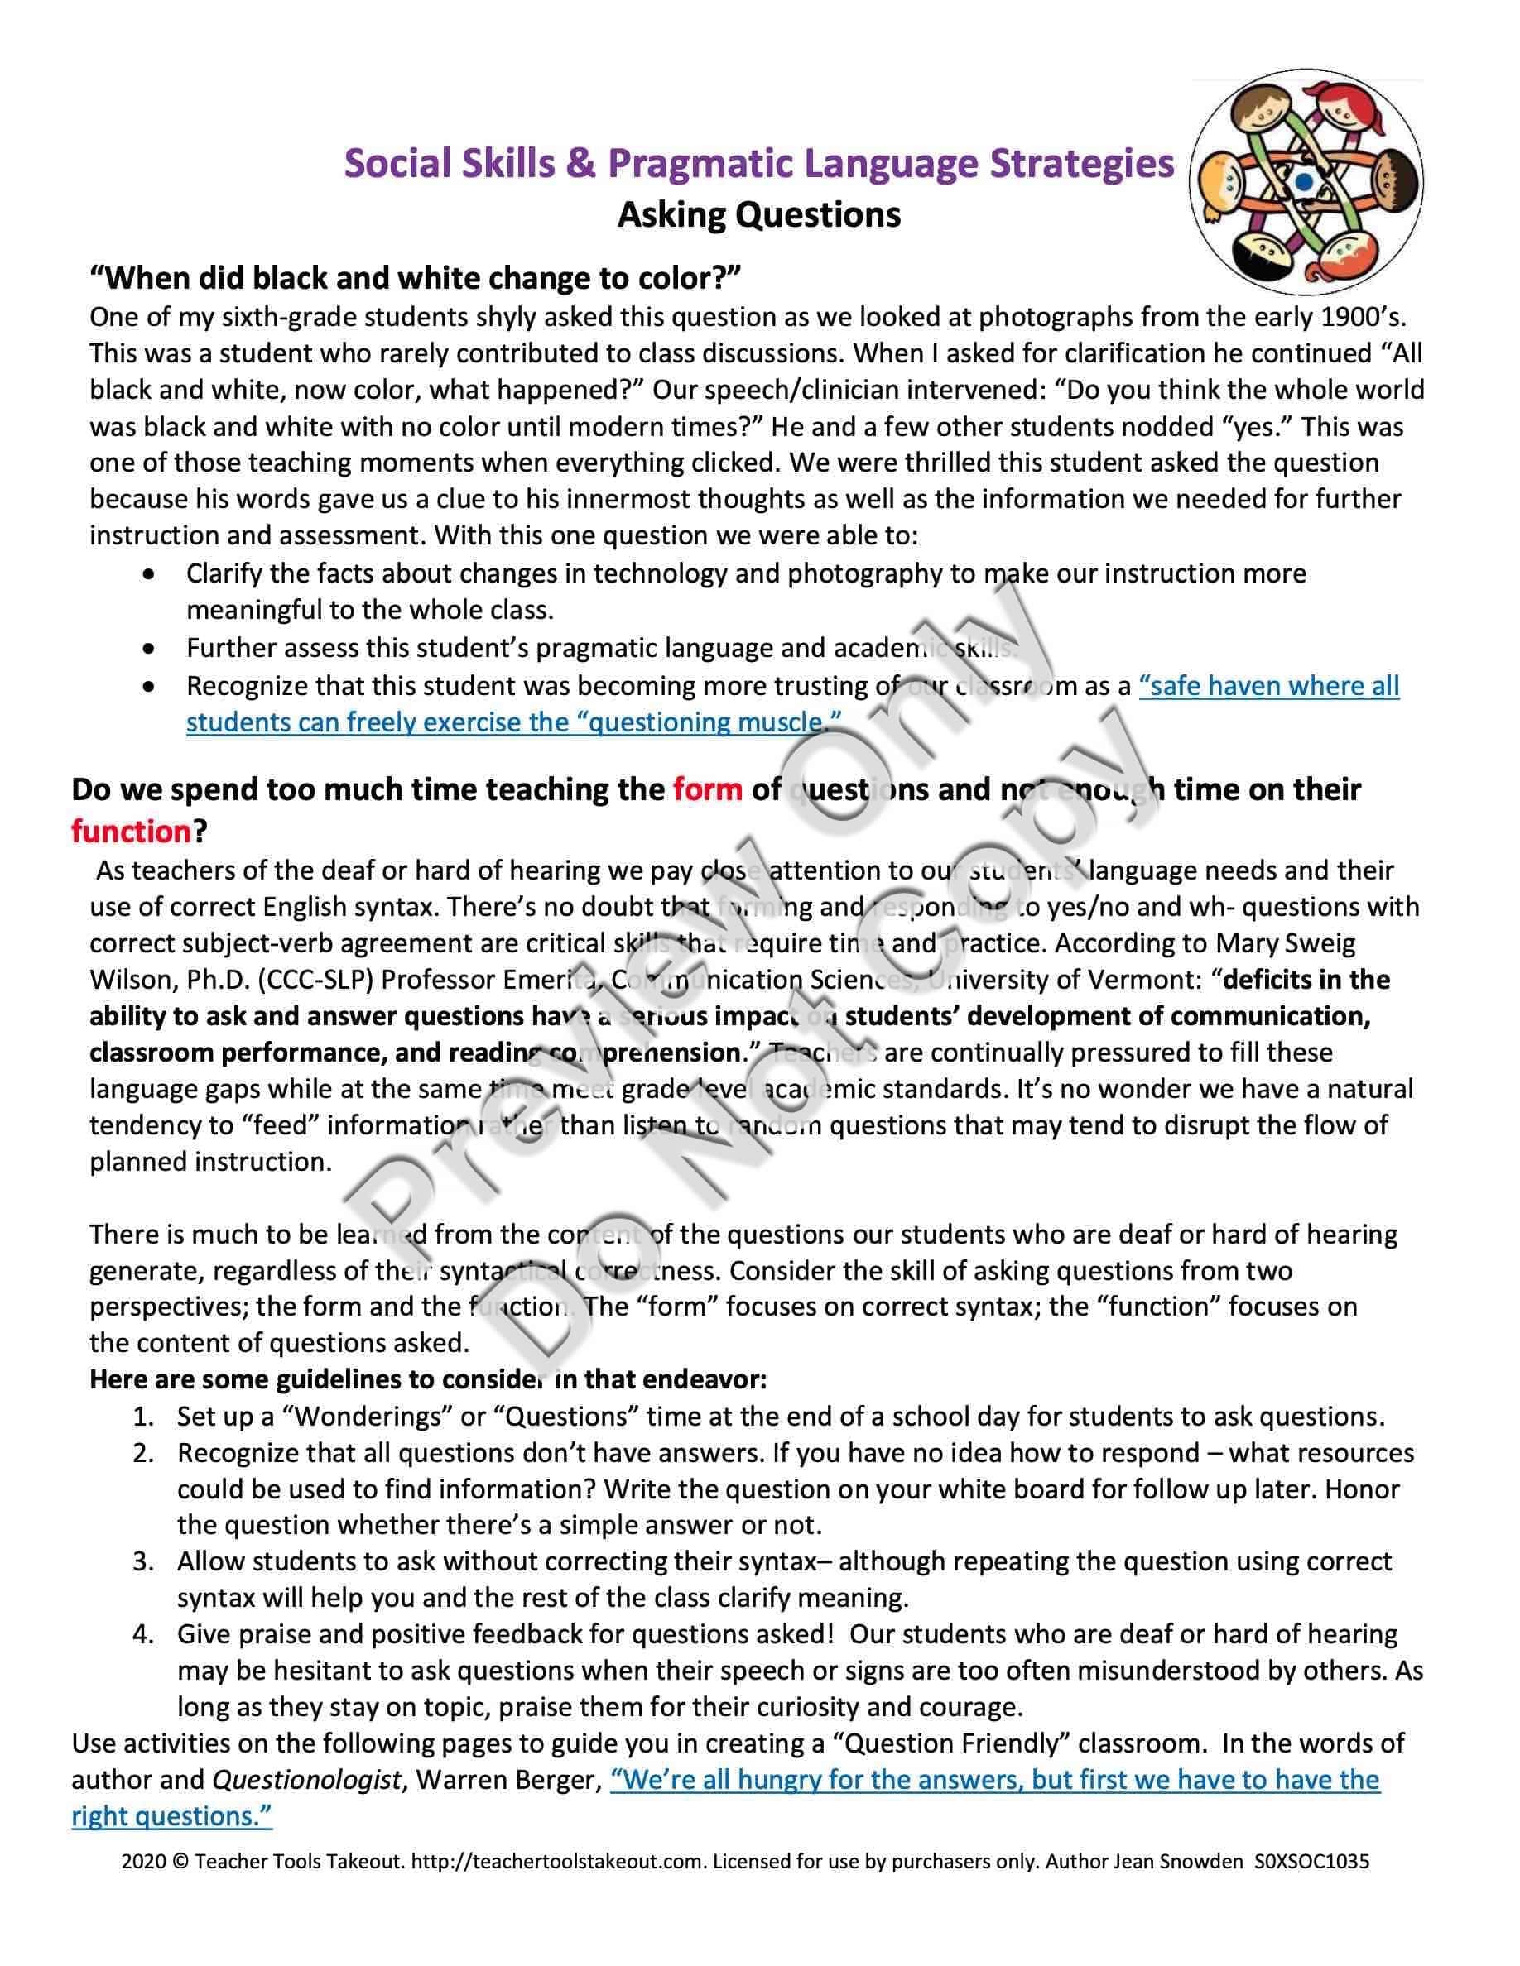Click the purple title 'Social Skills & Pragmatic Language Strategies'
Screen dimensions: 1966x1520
click(x=759, y=164)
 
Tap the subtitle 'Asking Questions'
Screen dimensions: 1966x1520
click(x=758, y=215)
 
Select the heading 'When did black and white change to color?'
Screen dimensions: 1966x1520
click(x=414, y=278)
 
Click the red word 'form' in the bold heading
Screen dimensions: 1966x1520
click(x=707, y=789)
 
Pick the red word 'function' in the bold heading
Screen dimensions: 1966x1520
click(x=132, y=831)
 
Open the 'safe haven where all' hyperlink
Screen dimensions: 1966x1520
click(x=1267, y=686)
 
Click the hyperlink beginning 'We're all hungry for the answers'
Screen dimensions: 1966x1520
click(x=994, y=1780)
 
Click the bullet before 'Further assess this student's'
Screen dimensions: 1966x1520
click(x=148, y=648)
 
